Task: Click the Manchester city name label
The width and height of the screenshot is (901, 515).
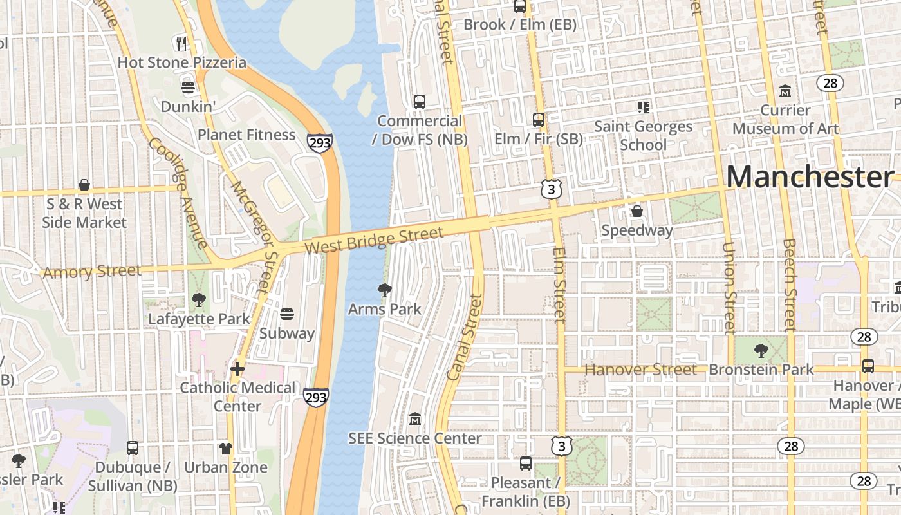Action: [x=810, y=177]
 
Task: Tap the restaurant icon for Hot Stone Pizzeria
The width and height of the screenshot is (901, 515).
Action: [x=181, y=43]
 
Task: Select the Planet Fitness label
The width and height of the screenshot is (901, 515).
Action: [x=246, y=135]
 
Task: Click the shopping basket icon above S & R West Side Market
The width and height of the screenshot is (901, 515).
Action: [x=84, y=185]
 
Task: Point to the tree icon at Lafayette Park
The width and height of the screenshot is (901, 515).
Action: [x=199, y=299]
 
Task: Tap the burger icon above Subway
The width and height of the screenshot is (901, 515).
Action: [x=287, y=314]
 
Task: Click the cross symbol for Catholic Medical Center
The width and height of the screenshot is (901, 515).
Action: [x=237, y=369]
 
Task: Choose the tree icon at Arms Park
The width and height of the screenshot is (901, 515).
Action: [x=385, y=290]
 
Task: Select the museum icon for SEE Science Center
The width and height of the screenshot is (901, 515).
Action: [x=415, y=419]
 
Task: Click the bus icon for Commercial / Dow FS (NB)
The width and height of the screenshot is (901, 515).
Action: [x=420, y=102]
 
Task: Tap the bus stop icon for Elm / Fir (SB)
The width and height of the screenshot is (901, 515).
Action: [x=539, y=120]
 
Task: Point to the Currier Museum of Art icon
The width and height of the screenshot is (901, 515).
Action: [x=785, y=91]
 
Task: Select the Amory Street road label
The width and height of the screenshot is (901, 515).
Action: [x=92, y=271]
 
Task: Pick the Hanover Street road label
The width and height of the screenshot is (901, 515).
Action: [x=640, y=370]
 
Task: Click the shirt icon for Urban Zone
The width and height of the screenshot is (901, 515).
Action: [x=226, y=448]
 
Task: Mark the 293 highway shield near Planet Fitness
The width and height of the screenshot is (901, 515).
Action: [x=320, y=143]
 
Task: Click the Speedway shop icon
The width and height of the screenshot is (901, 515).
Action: [x=637, y=211]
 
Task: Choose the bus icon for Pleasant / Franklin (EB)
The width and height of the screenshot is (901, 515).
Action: [x=526, y=464]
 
